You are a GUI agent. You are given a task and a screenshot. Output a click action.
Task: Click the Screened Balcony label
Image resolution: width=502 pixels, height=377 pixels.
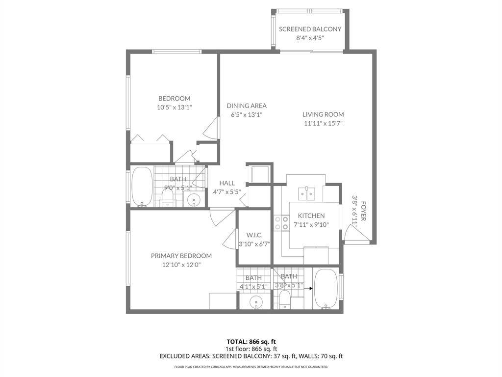[x=310, y=29]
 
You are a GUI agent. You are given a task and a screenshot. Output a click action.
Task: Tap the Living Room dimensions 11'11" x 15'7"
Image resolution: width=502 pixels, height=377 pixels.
[x=324, y=123]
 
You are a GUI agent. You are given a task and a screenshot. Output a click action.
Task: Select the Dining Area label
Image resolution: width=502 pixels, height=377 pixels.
[x=247, y=106]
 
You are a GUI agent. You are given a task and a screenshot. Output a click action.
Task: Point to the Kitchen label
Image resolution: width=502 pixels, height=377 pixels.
[x=311, y=216]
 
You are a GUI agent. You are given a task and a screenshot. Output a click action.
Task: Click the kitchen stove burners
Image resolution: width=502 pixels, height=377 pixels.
[x=282, y=223]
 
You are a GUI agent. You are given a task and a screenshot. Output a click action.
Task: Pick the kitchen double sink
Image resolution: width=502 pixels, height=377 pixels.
[x=306, y=193]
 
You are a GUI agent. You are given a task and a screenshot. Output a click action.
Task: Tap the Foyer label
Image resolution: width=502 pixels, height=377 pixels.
[x=364, y=211]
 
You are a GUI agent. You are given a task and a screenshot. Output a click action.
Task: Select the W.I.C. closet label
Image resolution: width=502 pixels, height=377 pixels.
[x=254, y=235]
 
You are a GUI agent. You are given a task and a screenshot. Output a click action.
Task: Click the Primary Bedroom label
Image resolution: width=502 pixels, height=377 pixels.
[x=181, y=256]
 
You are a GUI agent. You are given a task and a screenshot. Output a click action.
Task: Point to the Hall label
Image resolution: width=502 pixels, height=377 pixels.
[x=227, y=183]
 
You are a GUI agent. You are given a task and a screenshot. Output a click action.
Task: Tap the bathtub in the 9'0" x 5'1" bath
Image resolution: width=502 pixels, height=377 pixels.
[x=142, y=187]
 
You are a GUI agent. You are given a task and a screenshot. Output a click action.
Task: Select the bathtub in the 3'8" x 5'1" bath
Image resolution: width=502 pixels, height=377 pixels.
[x=326, y=289]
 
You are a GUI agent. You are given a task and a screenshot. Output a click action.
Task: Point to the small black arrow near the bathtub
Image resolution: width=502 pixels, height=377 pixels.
[x=308, y=289]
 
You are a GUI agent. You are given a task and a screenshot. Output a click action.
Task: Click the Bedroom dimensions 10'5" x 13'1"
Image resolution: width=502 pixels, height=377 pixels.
[x=175, y=108]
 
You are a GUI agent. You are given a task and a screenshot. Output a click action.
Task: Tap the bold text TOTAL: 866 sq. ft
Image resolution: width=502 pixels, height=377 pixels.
[x=251, y=342]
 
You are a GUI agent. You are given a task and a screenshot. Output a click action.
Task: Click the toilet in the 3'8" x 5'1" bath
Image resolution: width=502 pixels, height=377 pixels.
[x=284, y=299]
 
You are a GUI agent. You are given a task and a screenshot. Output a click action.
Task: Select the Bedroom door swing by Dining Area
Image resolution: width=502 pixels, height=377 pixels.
[x=212, y=128]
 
